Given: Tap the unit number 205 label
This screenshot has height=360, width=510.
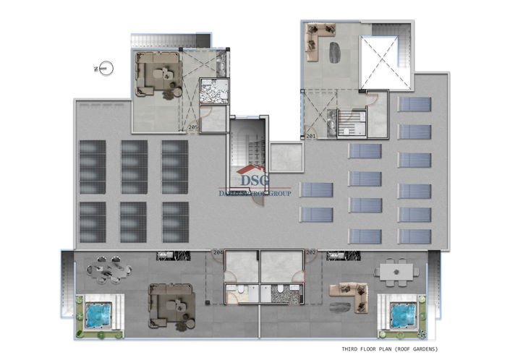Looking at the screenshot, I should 192,128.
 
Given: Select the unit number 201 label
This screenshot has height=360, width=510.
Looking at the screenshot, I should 310,135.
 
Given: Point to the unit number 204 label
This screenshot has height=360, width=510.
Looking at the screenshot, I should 218,252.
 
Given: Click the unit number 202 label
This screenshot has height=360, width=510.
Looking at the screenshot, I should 311,252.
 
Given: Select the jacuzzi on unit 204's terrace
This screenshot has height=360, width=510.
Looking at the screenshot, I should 96,314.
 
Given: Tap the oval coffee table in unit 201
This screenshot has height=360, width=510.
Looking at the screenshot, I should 337,53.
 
